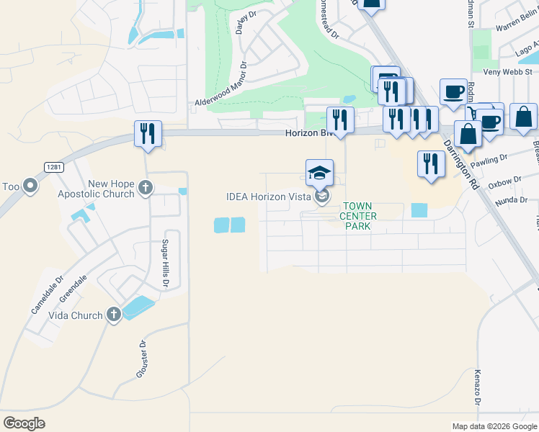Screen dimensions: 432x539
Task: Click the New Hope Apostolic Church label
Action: tap(111, 189)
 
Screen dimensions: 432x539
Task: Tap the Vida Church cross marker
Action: tap(113, 315)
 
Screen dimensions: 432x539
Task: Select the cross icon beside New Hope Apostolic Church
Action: tap(146, 189)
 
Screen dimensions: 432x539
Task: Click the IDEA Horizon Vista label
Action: tap(268, 197)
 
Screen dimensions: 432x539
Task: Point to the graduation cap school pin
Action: tap(319, 173)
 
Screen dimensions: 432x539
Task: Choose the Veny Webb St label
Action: tap(507, 71)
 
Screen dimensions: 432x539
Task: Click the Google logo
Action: tap(24, 423)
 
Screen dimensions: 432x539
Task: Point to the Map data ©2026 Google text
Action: tap(494, 426)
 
